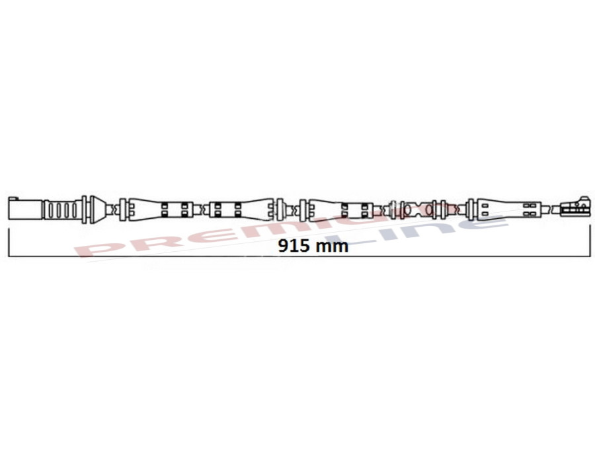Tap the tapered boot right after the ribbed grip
(x=99, y=210)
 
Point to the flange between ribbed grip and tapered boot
(x=84, y=210)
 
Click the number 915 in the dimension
(x=292, y=247)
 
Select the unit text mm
(x=332, y=247)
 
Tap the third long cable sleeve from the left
(x=337, y=210)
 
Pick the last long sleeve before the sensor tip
(x=506, y=210)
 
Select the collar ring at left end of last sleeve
(x=471, y=210)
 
